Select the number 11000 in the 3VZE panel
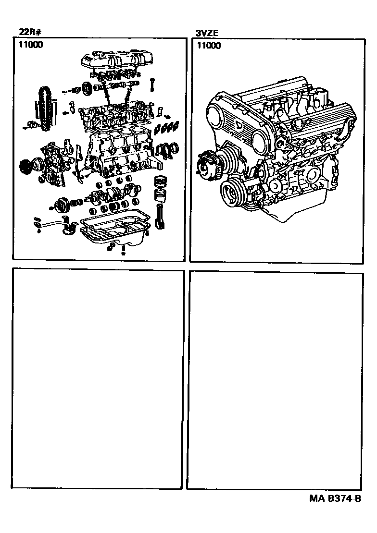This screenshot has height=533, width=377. [208, 46]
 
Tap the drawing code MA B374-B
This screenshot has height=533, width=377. [335, 499]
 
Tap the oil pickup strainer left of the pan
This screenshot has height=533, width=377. [67, 226]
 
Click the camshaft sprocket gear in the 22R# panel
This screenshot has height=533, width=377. [87, 88]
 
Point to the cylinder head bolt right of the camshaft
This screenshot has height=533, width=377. [152, 84]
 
